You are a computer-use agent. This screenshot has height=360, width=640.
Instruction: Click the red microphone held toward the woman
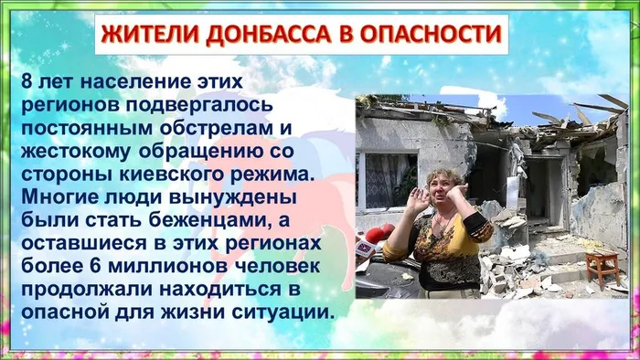[x=378, y=233]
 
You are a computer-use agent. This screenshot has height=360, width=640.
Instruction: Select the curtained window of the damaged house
[x=391, y=177]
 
